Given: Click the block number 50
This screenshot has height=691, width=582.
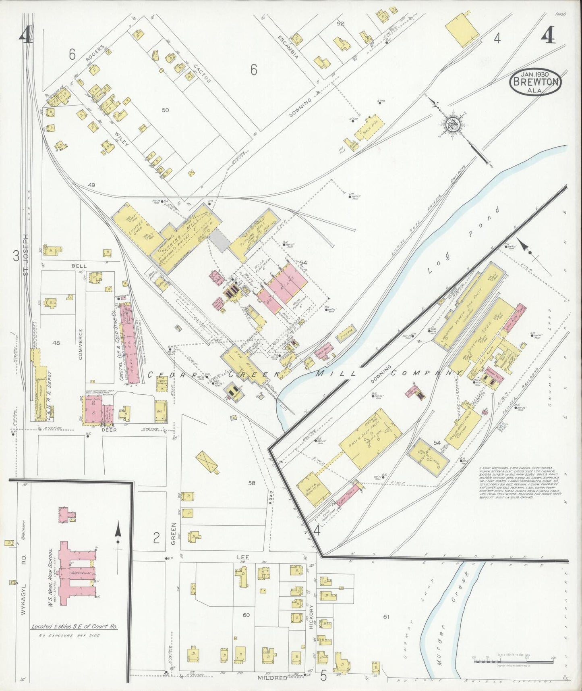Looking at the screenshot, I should coord(165,110).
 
